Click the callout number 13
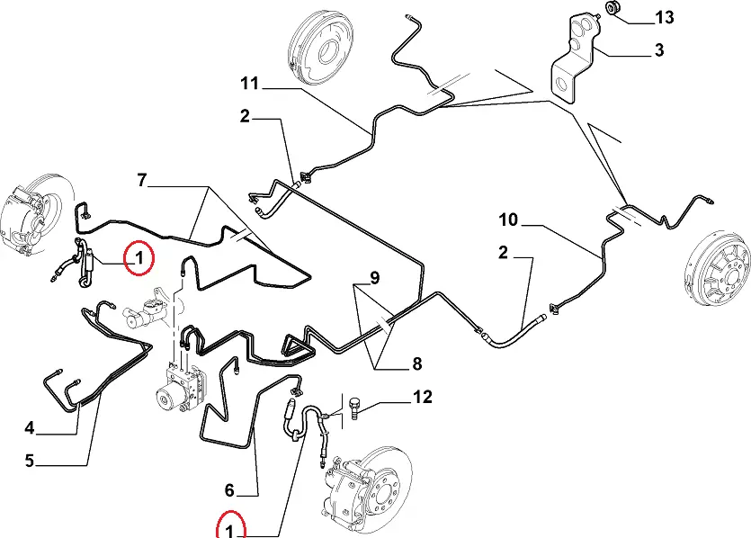click(x=664, y=16)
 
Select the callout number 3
click(x=659, y=50)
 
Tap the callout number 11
click(x=249, y=85)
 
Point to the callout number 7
click(x=141, y=180)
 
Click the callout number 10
click(x=508, y=220)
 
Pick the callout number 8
click(x=416, y=364)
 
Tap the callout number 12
click(x=422, y=397)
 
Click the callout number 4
click(x=29, y=426)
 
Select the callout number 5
click(x=29, y=461)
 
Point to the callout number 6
click(x=229, y=490)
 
